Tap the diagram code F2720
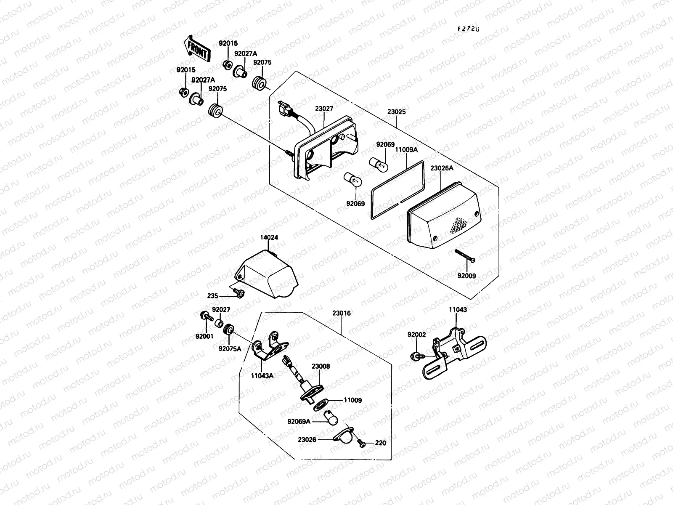click(x=469, y=29)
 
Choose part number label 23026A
click(x=442, y=168)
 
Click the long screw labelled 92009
click(x=465, y=256)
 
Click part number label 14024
click(x=269, y=238)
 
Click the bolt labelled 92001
click(x=206, y=316)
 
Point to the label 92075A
click(x=230, y=348)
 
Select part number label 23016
click(x=341, y=314)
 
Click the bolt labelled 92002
click(x=416, y=356)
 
